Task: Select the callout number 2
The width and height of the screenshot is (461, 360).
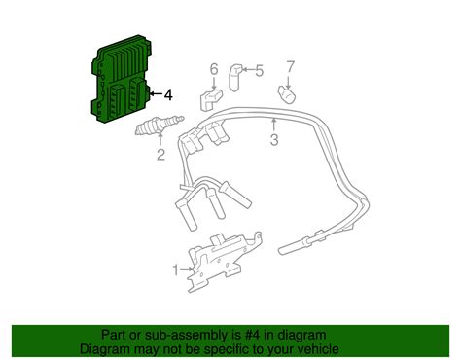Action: click(x=161, y=153)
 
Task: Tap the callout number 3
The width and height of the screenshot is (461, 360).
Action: click(x=275, y=141)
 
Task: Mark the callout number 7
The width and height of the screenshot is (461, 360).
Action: click(x=288, y=67)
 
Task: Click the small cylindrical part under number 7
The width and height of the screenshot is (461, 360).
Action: click(x=288, y=92)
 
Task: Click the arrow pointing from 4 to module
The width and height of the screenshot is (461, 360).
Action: click(x=156, y=95)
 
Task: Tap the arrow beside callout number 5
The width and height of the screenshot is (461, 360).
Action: click(x=248, y=69)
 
